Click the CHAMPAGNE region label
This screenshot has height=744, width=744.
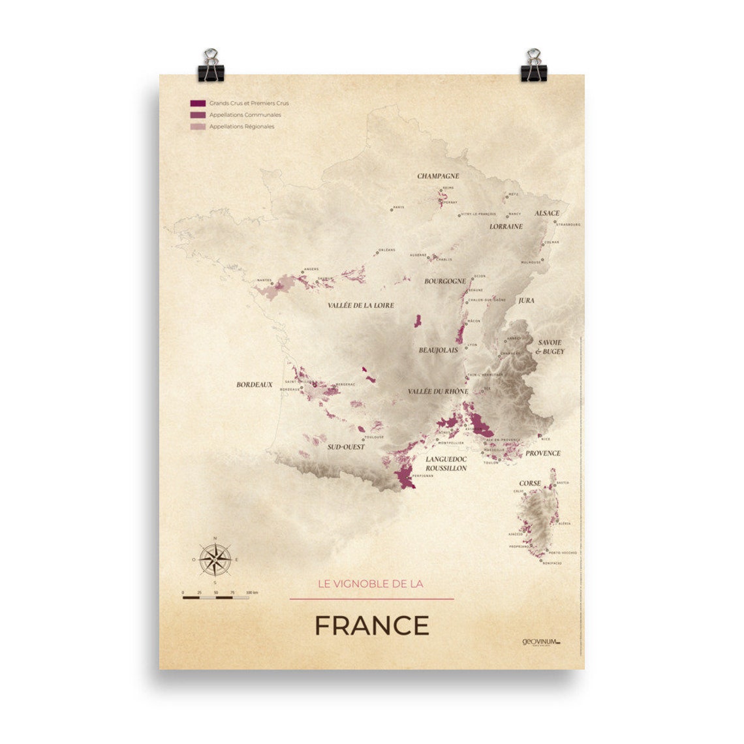438,176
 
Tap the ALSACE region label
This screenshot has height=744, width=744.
547,213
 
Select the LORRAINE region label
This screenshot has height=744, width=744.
506,226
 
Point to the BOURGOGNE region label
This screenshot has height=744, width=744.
445,282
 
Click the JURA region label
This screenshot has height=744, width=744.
526,301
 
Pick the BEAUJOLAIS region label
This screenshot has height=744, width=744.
439,350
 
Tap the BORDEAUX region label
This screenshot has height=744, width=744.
255,385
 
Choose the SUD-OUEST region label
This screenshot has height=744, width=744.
346,447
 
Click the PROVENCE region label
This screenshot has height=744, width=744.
543,453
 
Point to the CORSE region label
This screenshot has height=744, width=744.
530,484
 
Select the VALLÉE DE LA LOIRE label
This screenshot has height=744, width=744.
361,305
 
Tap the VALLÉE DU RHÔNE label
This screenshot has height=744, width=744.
438,392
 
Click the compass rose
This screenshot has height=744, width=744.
215,559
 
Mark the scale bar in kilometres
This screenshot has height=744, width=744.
215,597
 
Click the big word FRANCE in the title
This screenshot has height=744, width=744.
371,626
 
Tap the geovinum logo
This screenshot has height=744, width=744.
541,642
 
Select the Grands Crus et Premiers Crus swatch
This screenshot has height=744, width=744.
198,103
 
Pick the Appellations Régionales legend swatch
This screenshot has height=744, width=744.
198,127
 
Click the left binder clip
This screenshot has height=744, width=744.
211,65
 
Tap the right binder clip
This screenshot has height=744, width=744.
533,65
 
